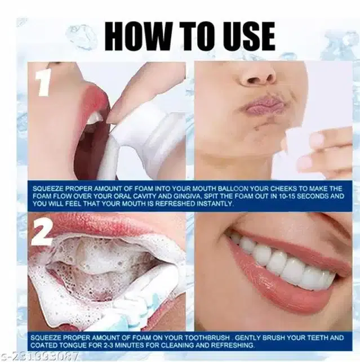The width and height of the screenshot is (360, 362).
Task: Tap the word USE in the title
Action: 246,37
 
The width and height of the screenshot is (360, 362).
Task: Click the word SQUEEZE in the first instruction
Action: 48,189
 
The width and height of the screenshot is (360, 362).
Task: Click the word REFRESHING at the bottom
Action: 232,345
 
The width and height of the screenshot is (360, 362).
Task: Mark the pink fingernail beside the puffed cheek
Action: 314,140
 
